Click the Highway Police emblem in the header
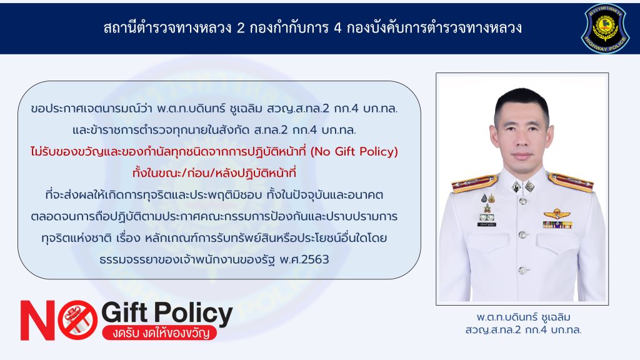605,29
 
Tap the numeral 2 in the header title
241,27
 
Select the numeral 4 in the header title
337,27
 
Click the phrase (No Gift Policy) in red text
354,152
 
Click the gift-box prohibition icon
77,319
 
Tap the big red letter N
37,320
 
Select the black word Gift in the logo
124,312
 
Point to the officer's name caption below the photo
523,317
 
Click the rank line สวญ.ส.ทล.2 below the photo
523,329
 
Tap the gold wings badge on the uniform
556,214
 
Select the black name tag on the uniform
486,224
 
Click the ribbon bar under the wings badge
557,224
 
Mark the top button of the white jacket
522,201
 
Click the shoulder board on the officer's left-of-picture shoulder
474,183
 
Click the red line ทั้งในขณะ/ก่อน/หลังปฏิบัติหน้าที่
214,173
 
